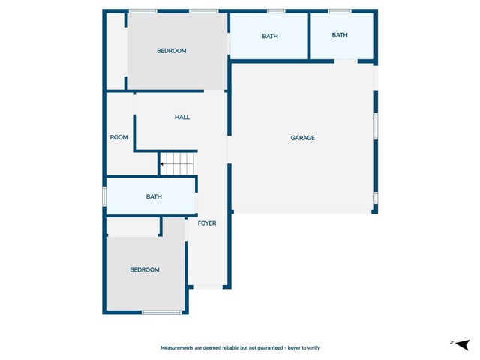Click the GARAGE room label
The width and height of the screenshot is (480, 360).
303,138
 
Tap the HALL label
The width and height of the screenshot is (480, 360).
182,118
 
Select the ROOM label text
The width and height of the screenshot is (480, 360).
119,137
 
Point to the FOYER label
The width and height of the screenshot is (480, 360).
207,223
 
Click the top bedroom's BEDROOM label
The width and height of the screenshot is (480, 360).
171,51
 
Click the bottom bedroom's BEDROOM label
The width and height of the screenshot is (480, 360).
145,270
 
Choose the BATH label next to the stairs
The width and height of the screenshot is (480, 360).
154,197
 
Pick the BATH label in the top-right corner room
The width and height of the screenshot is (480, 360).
340,35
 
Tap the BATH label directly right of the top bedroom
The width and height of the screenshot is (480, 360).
270,36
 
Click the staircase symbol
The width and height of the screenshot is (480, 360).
178,163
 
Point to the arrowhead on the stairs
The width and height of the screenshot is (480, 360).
162,163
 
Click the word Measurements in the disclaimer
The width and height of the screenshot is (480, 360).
181,348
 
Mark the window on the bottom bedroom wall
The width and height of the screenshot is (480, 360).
161,312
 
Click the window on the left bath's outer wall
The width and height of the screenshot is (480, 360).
105,196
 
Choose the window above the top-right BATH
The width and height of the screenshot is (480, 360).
340,11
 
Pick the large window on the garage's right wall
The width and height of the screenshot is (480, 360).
376,126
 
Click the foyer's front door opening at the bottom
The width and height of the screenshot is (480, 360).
208,286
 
